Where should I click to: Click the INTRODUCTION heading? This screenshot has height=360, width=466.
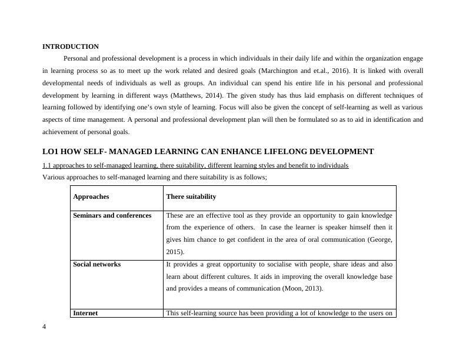pyautogui.click(x=71, y=46)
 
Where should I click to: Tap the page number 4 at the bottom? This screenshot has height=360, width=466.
pyautogui.click(x=44, y=327)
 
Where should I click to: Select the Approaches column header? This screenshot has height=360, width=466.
pyautogui.click(x=91, y=196)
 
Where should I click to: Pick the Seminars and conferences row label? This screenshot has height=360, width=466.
pyautogui.click(x=112, y=215)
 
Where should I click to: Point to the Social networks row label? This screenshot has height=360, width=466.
pyautogui.click(x=96, y=264)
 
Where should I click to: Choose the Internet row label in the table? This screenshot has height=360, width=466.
pyautogui.click(x=85, y=313)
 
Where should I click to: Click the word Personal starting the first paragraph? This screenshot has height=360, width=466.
pyautogui.click(x=76, y=59)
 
